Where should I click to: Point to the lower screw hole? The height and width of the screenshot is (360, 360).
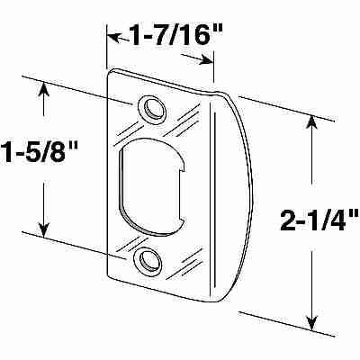(x=145, y=260)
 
